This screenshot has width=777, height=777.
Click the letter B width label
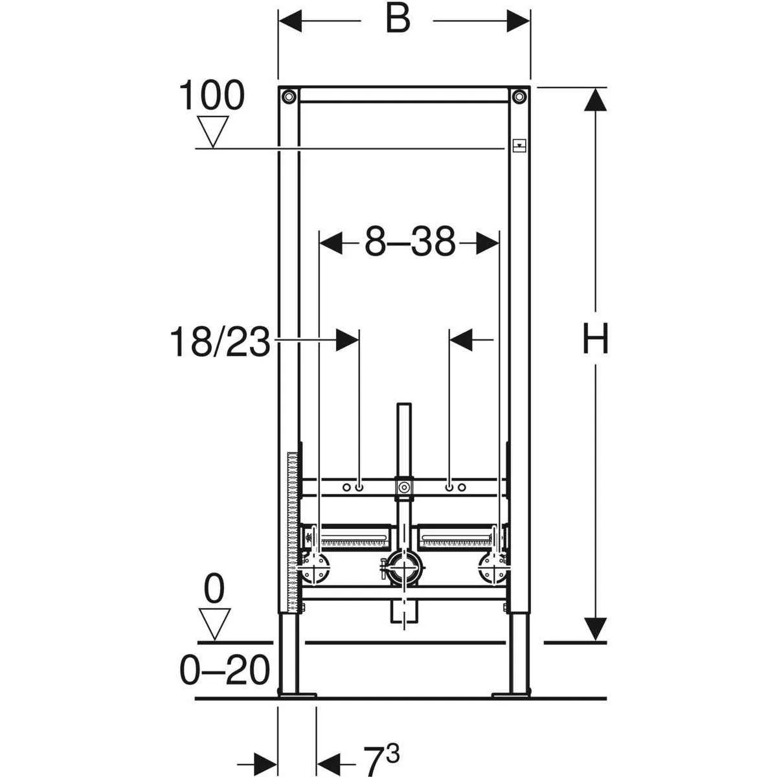[x=398, y=19]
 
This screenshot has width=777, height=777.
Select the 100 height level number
[x=212, y=96]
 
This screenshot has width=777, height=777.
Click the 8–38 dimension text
[x=409, y=243]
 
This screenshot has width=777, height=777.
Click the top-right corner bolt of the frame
[x=519, y=96]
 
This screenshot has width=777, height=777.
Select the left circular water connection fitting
[x=317, y=570]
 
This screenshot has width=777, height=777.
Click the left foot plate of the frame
[x=297, y=695]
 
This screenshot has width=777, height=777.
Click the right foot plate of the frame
[x=512, y=695]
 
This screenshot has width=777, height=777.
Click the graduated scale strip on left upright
[x=292, y=531]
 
